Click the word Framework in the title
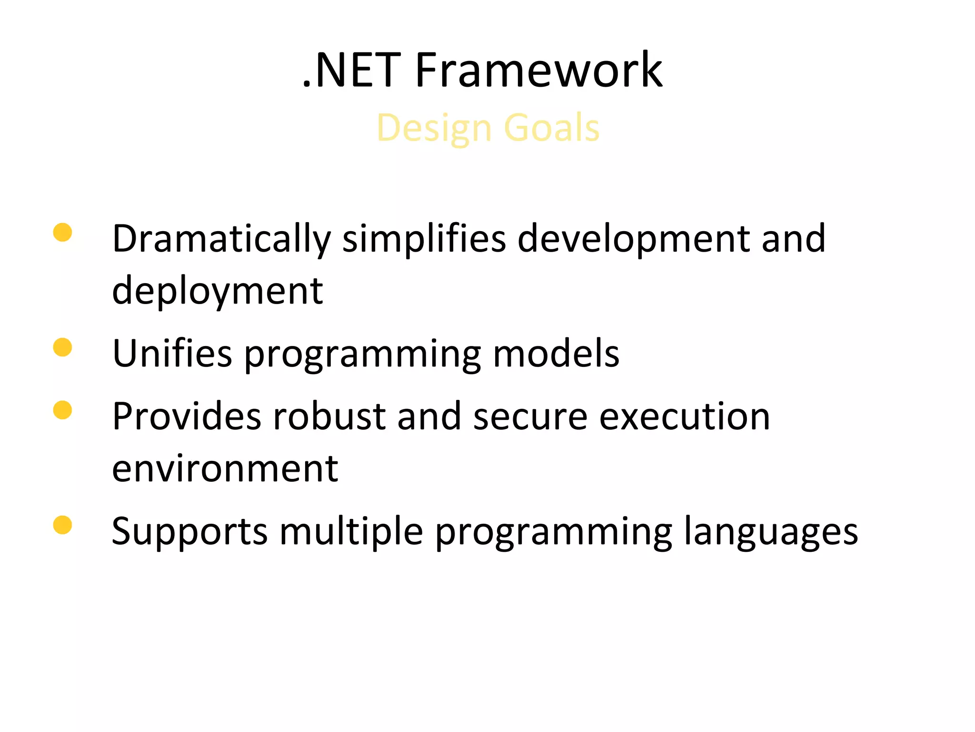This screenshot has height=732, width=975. [x=538, y=71]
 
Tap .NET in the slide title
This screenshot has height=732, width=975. [x=351, y=71]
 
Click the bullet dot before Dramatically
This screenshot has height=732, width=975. [x=62, y=233]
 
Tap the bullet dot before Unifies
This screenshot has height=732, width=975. [x=62, y=347]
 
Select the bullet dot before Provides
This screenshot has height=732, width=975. [x=62, y=410]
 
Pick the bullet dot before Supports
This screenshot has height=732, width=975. [x=62, y=525]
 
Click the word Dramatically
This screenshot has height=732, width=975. [x=221, y=239]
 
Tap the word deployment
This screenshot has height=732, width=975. [x=217, y=292]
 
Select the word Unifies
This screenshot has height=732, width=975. [x=172, y=354]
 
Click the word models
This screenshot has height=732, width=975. [x=556, y=354]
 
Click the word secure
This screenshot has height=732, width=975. [x=530, y=417]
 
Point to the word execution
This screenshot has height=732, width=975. [x=684, y=416]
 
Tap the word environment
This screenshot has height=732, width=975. [x=225, y=469]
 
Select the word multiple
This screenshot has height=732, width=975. [x=351, y=532]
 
